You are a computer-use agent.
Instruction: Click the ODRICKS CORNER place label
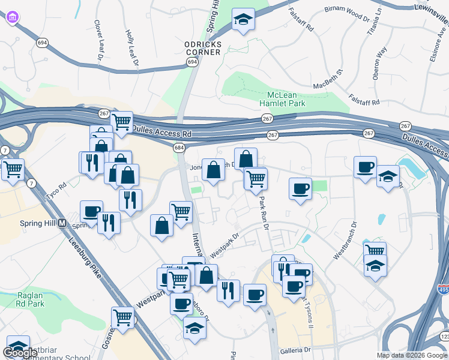coord(203,48)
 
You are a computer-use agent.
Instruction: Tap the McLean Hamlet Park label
coord(286,99)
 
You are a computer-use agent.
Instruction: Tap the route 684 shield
coord(179,148)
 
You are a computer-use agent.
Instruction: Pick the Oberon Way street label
coord(380,61)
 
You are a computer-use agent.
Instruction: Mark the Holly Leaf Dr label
coord(131,47)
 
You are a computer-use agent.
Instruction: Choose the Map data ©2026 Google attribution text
coord(412,355)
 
